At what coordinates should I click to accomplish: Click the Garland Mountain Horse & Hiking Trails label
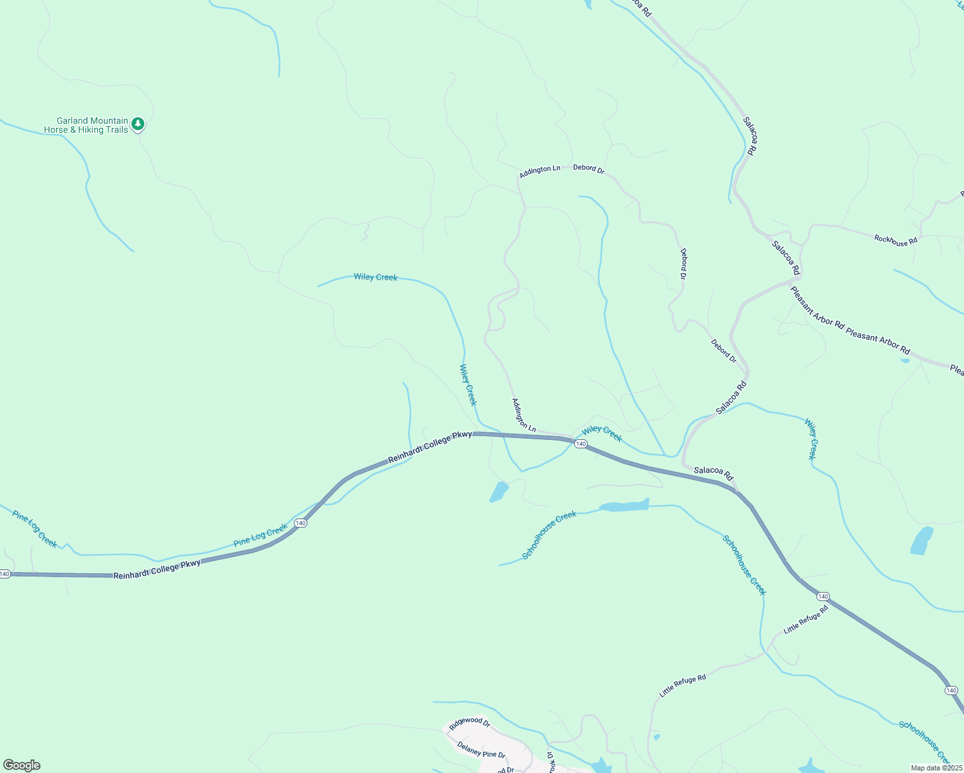click(x=86, y=125)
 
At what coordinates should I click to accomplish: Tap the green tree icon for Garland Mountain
click(x=137, y=124)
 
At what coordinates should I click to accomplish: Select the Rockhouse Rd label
click(x=895, y=240)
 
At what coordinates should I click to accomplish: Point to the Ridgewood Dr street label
click(x=470, y=723)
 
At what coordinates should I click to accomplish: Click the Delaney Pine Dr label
click(x=481, y=750)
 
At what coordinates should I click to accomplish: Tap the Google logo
click(x=21, y=765)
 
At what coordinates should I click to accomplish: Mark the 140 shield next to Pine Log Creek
click(x=300, y=523)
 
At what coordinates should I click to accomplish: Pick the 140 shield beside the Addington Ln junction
click(x=581, y=444)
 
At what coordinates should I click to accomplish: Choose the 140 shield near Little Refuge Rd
click(x=823, y=596)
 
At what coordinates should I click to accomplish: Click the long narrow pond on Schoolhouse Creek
click(x=624, y=505)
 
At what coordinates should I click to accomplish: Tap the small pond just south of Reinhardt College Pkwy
click(x=499, y=491)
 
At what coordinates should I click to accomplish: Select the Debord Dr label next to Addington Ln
click(x=588, y=169)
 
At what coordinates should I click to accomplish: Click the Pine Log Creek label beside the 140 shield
click(x=260, y=535)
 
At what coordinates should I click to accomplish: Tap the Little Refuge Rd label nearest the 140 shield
click(x=805, y=622)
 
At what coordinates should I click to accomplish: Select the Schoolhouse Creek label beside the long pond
click(x=549, y=535)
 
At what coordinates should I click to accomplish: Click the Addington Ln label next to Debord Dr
click(x=540, y=170)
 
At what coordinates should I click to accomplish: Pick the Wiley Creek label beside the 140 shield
click(x=602, y=434)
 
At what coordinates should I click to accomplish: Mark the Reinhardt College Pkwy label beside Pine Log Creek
click(x=157, y=569)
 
